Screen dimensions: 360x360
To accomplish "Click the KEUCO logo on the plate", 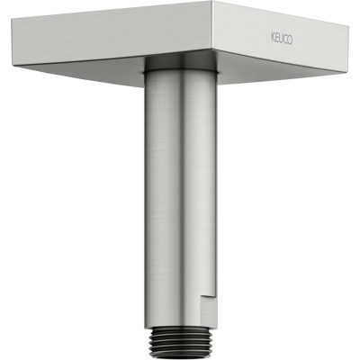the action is [x=282, y=40].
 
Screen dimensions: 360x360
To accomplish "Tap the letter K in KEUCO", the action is [x=273, y=38].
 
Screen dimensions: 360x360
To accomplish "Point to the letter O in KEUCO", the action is [x=290, y=40].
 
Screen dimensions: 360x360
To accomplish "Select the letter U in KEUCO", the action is [x=281, y=40].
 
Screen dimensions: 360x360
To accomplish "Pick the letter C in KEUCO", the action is [x=285, y=40].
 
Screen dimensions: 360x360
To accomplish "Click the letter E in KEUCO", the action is [x=276, y=39].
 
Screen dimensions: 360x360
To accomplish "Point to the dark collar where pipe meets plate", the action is [x=180, y=64].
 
